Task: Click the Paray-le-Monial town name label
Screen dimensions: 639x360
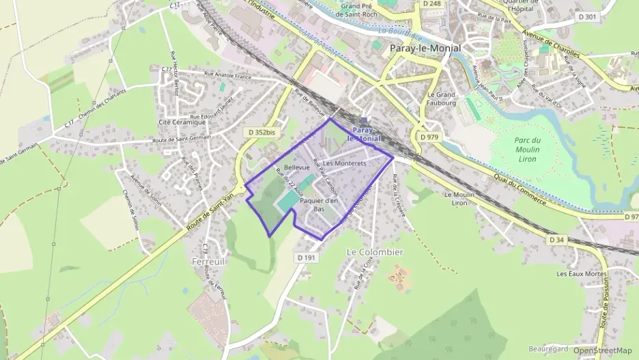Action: [x=425, y=48]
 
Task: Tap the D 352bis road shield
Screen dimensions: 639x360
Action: [x=263, y=131]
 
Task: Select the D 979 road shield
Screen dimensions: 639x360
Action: [x=429, y=137]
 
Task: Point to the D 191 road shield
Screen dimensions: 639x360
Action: [x=307, y=258]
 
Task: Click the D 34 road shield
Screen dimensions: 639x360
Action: [x=556, y=240]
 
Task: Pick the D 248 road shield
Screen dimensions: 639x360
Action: [x=431, y=4]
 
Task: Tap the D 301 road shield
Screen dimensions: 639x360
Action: [x=586, y=17]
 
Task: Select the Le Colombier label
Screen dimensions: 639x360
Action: [x=375, y=252]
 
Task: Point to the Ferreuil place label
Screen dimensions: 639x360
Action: [x=209, y=261]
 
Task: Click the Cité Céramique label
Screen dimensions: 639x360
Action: [x=182, y=122]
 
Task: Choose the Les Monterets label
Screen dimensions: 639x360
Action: [x=345, y=163]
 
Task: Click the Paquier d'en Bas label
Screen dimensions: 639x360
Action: [x=319, y=205]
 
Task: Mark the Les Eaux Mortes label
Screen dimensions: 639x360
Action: [x=582, y=274]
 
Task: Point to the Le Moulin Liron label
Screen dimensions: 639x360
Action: [x=459, y=198]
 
